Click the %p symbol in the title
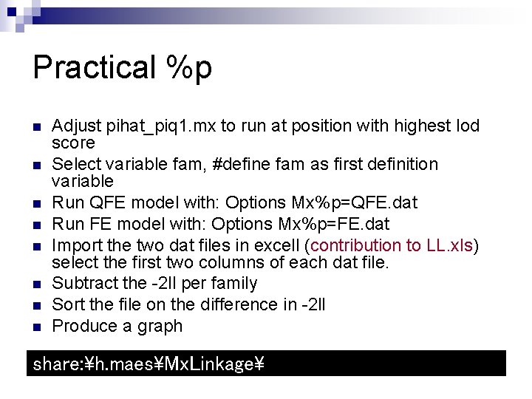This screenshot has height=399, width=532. click(189, 66)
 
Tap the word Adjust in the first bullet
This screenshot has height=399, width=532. click(78, 126)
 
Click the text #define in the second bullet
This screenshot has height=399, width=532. click(233, 164)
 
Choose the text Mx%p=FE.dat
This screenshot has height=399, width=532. click(344, 224)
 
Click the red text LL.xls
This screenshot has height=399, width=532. click(450, 245)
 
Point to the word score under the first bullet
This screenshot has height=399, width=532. click(73, 143)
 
